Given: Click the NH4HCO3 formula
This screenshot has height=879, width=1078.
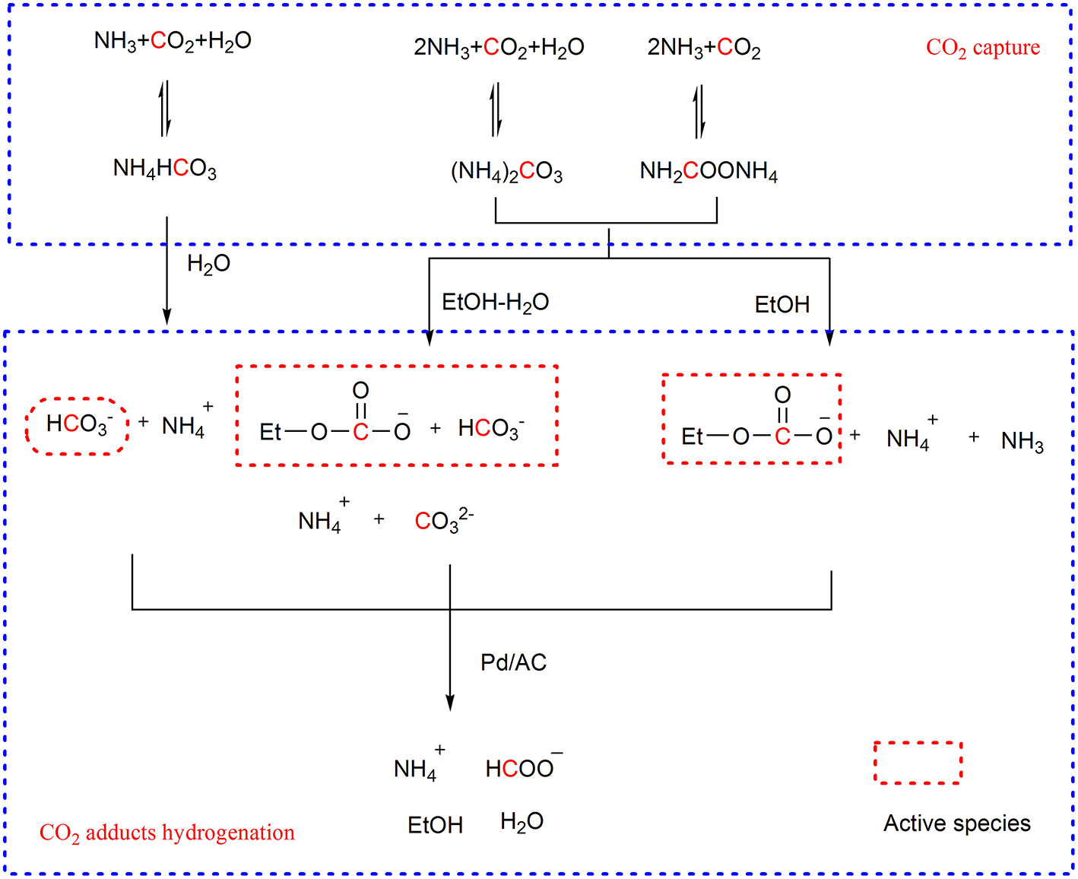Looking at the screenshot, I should pyautogui.click(x=164, y=168).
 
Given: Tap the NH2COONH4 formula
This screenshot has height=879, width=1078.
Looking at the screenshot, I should pyautogui.click(x=709, y=171).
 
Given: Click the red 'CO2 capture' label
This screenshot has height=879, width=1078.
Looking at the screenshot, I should pyautogui.click(x=982, y=48).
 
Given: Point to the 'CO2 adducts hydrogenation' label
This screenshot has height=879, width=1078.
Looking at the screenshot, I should pyautogui.click(x=166, y=833).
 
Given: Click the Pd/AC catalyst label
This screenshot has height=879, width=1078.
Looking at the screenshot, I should pyautogui.click(x=513, y=662).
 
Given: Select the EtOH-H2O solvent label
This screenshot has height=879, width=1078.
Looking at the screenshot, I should pyautogui.click(x=495, y=303).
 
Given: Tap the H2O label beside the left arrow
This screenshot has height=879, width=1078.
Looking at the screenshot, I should pyautogui.click(x=208, y=264).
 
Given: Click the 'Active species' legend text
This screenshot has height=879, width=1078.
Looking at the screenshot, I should pyautogui.click(x=956, y=823).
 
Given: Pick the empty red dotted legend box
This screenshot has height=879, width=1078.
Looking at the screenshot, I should pyautogui.click(x=918, y=763).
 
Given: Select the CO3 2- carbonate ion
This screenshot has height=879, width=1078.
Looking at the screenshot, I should pyautogui.click(x=443, y=520).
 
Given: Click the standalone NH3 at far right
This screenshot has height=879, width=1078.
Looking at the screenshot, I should pyautogui.click(x=1022, y=441).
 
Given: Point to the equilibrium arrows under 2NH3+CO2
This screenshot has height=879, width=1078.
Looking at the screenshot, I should pyautogui.click(x=699, y=112).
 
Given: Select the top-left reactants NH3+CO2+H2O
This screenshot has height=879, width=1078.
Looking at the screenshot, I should pyautogui.click(x=173, y=41).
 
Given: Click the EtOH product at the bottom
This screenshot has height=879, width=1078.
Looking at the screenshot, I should pyautogui.click(x=435, y=825).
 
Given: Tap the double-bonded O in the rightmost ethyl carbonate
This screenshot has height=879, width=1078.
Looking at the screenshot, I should pyautogui.click(x=782, y=395).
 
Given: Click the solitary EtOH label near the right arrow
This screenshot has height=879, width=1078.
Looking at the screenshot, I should pyautogui.click(x=782, y=305).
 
